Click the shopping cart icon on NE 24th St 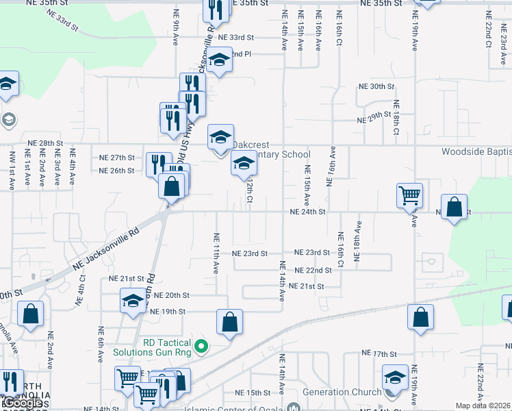click(x=409, y=195)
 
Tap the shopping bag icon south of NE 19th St click(x=230, y=323)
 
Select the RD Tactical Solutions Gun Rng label click(x=155, y=347)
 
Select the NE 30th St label click(x=377, y=86)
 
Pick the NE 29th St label click(x=374, y=120)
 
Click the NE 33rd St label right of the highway click(x=241, y=37)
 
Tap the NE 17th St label click(x=379, y=353)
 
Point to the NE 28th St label click(x=45, y=143)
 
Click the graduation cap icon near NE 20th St click(x=133, y=301)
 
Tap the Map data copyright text click(x=483, y=406)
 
